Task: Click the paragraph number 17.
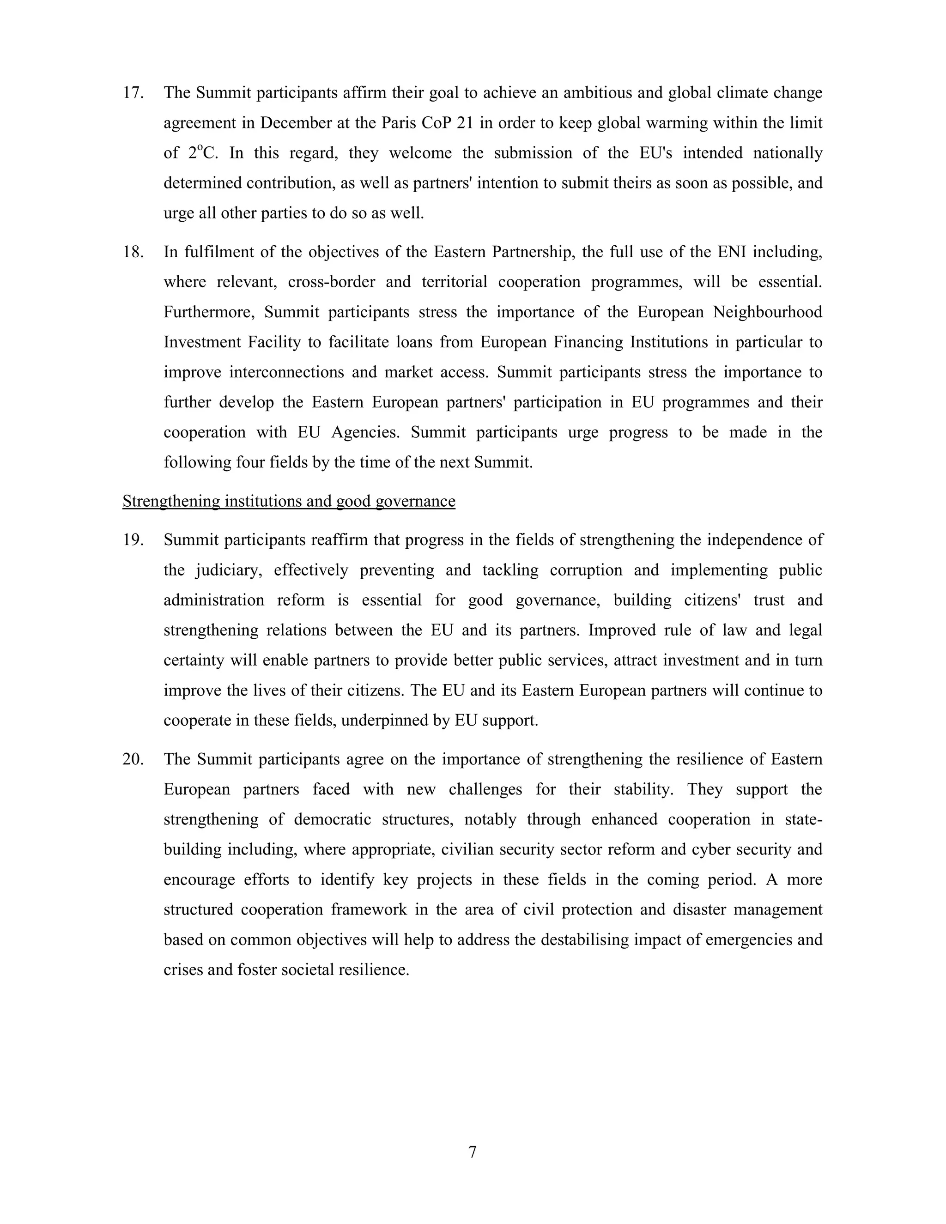pyautogui.click(x=133, y=93)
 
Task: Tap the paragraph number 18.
pyautogui.click(x=133, y=252)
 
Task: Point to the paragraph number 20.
pyautogui.click(x=133, y=759)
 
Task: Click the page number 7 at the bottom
pyautogui.click(x=473, y=1152)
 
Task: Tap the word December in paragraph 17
pyautogui.click(x=297, y=123)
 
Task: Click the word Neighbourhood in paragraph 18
pyautogui.click(x=767, y=312)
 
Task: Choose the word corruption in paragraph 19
pyautogui.click(x=586, y=570)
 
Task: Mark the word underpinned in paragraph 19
pyautogui.click(x=384, y=721)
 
